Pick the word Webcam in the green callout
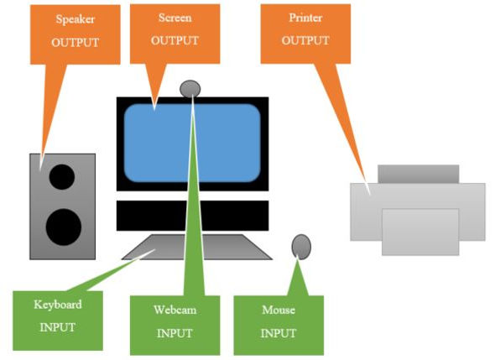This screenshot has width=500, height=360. point(174,310)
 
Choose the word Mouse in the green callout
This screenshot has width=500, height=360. point(278,310)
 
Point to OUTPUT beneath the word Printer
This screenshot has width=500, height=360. point(304,39)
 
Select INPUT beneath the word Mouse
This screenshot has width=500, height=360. point(278,332)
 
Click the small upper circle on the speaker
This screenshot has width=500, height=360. point(61,176)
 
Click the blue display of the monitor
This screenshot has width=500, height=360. point(192,142)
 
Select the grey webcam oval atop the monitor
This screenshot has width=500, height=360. point(190,88)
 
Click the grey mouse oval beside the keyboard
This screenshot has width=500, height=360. point(301,246)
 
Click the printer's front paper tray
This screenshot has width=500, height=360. point(419,232)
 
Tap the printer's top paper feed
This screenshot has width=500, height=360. point(418,174)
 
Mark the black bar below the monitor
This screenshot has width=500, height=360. point(192,215)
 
